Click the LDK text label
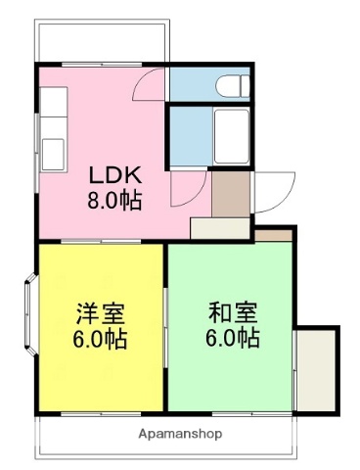point(116,176)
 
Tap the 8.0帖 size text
point(116,203)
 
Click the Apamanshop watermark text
point(180,433)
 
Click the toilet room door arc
point(151,85)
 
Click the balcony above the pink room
point(102,41)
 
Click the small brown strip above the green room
point(274,235)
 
